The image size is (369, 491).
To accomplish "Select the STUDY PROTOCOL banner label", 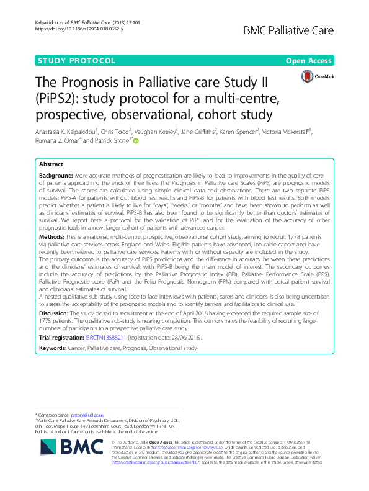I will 78,61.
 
